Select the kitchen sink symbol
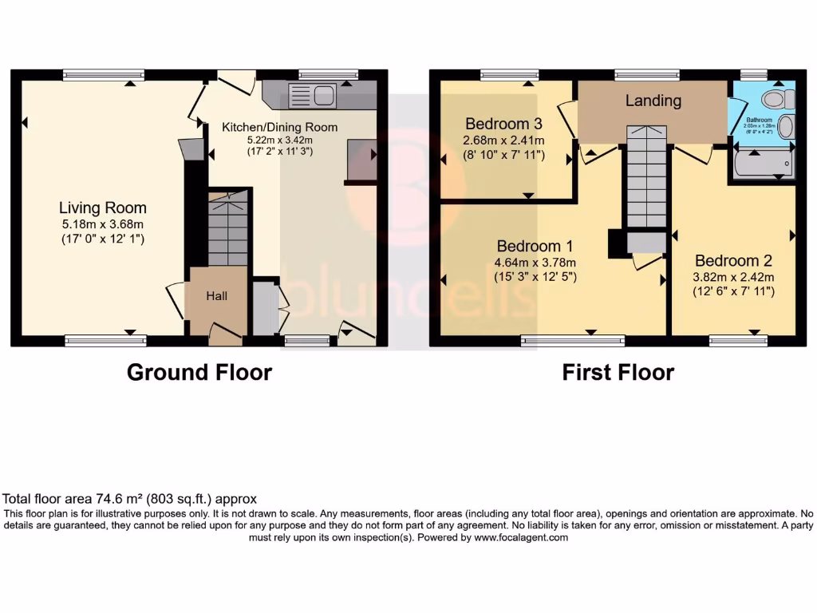(x=314, y=96)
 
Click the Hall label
(x=217, y=296)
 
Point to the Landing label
(x=653, y=101)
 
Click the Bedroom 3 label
(x=503, y=124)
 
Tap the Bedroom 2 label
(x=733, y=261)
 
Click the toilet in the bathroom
(x=777, y=99)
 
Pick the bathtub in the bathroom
(x=761, y=165)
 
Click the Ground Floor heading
(x=199, y=372)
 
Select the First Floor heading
(x=618, y=372)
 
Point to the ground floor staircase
(x=227, y=231)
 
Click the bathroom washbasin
(x=786, y=127)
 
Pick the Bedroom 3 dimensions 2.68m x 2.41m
(x=503, y=140)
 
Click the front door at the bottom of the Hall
(x=226, y=334)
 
